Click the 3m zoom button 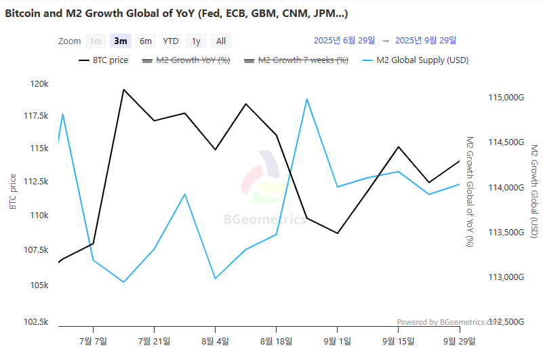(121, 41)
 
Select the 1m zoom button (96, 41)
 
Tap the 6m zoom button (146, 41)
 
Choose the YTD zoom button (170, 41)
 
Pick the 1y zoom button (196, 41)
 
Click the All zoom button (221, 41)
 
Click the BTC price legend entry (103, 60)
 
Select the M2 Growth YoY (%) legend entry (186, 60)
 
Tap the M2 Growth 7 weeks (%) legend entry (296, 60)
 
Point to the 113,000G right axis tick (506, 277)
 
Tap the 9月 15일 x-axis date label (398, 340)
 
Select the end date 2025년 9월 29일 (425, 41)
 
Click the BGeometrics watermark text (265, 219)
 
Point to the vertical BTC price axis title (13, 192)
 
